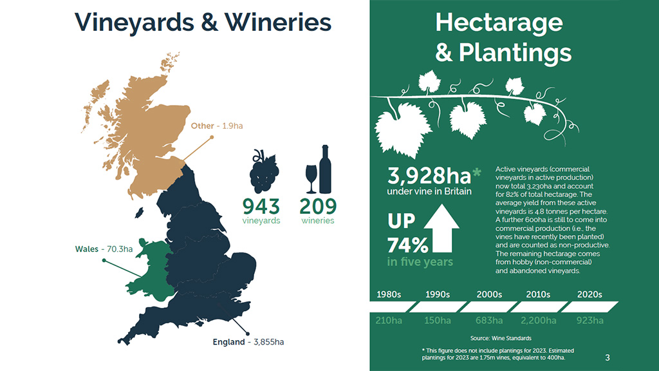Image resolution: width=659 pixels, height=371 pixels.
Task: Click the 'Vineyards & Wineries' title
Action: (203, 22)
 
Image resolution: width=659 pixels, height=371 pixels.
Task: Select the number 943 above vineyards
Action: (261, 206)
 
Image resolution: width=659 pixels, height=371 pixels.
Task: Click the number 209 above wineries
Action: (318, 206)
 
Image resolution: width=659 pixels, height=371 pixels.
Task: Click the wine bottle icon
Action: (325, 169)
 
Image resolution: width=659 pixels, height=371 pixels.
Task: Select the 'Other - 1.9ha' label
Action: (216, 126)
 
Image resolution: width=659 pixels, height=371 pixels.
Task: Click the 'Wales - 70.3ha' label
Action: (104, 249)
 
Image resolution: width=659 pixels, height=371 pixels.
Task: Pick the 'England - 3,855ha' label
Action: (248, 341)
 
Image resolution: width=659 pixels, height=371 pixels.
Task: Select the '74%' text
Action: (407, 245)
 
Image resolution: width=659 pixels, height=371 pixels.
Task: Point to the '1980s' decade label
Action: (389, 294)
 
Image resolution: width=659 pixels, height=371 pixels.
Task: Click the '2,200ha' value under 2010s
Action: (539, 321)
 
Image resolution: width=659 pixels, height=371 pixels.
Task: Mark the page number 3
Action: (608, 357)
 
